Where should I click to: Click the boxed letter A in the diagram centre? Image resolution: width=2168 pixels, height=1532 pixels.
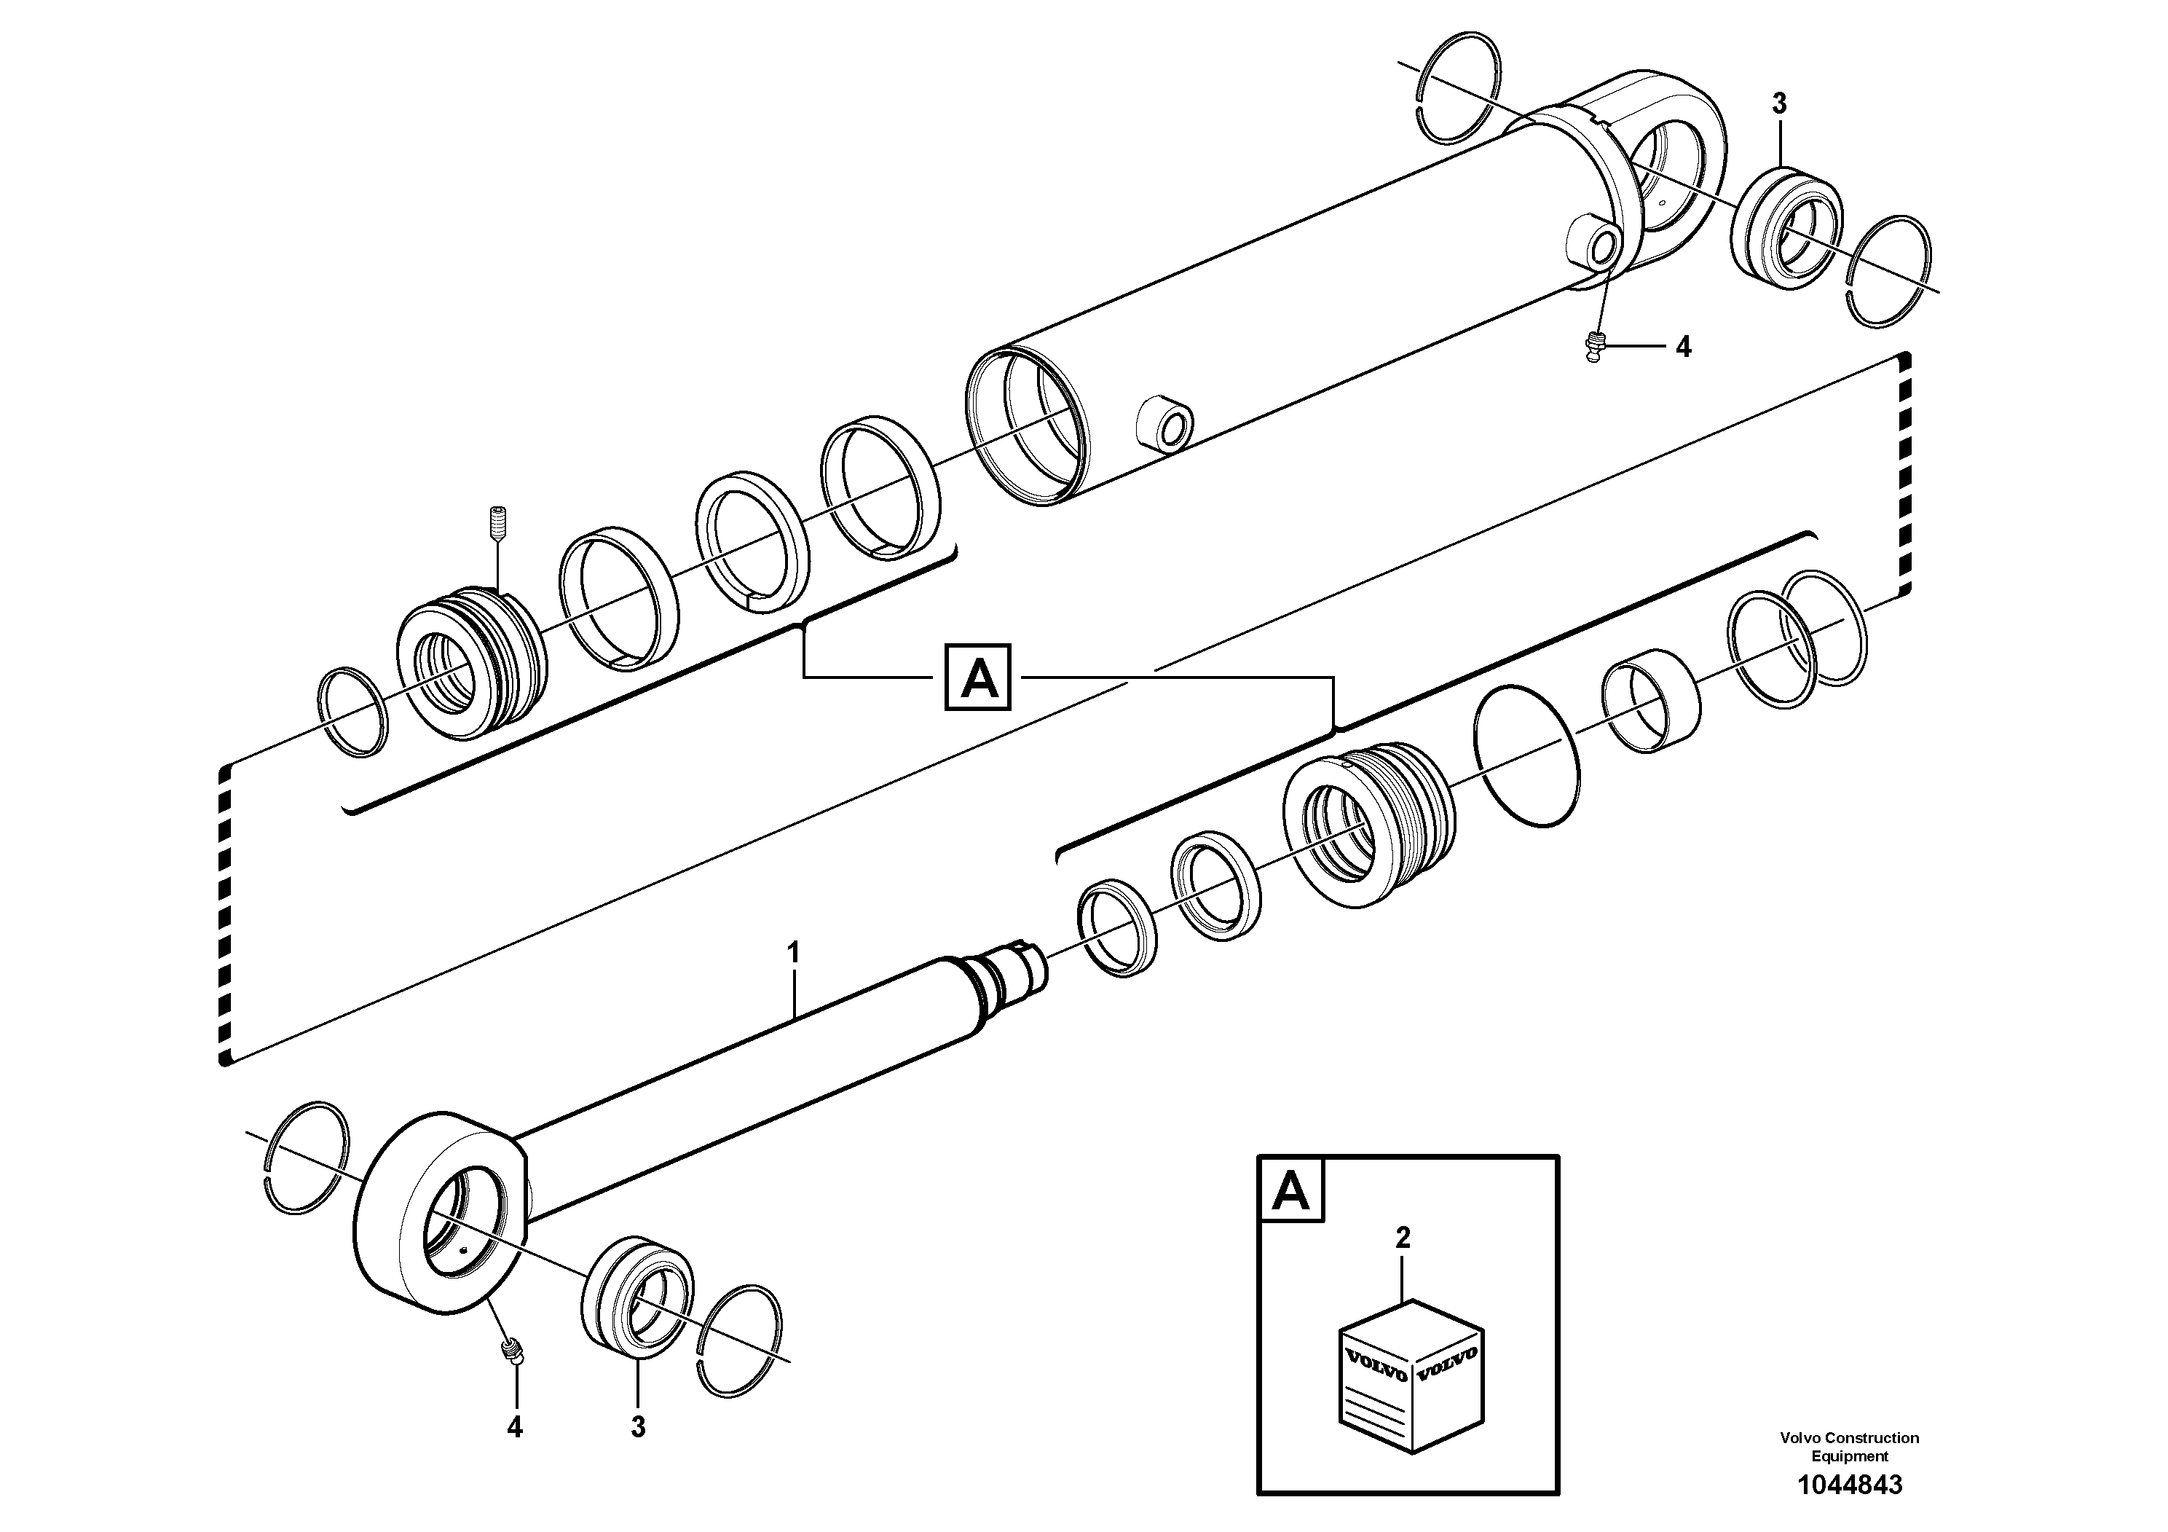point(978,677)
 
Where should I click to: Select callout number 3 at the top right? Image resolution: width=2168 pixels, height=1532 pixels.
point(1779,104)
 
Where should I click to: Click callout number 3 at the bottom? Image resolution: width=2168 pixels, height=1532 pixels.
point(639,1427)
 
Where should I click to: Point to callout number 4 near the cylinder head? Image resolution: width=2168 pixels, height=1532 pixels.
point(1684,347)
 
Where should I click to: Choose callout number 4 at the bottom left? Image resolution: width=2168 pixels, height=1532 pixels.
point(515,1427)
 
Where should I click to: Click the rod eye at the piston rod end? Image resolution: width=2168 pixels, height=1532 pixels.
point(440,1214)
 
